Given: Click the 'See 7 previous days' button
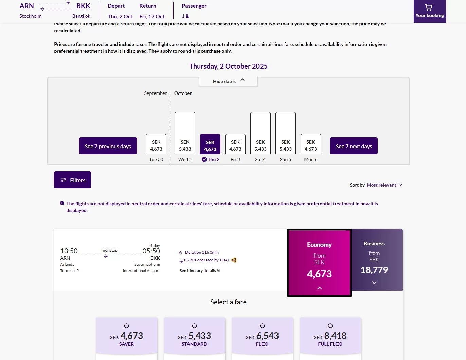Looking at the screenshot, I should tap(108, 146).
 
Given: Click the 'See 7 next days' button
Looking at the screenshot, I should tap(354, 146).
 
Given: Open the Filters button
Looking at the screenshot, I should tap(72, 180).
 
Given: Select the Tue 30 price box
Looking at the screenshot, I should tap(156, 144).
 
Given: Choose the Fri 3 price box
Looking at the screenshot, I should tap(235, 144).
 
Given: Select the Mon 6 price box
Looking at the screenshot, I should tap(311, 144).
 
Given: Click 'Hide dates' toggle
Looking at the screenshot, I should tap(228, 81).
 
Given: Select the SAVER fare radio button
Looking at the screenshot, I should tap(126, 326).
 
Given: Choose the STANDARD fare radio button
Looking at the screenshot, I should tap(194, 326).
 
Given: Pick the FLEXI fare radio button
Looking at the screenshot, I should tap(262, 326).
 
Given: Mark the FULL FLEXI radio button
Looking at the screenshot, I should tap(330, 326).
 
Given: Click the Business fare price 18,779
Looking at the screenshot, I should tap(374, 270).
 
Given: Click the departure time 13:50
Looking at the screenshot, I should tap(69, 251).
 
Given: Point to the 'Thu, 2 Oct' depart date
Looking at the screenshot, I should tap(120, 16).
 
